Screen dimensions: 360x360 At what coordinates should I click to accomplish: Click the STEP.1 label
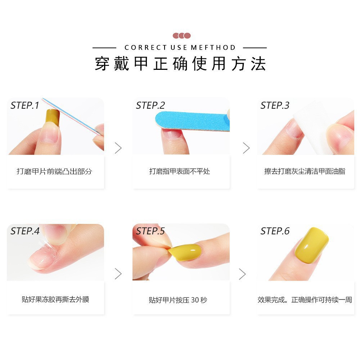click(x=24, y=105)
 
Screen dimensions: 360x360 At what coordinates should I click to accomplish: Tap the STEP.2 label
click(x=150, y=105)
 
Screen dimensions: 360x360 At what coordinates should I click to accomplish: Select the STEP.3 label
click(x=275, y=105)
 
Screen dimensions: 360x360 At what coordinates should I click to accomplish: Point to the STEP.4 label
click(x=25, y=231)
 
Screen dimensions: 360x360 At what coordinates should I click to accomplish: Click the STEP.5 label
click(x=150, y=231)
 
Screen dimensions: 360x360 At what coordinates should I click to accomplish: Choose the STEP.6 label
click(x=275, y=231)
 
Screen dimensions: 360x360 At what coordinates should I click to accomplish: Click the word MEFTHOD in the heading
click(x=213, y=48)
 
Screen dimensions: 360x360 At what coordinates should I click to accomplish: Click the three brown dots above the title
click(x=181, y=36)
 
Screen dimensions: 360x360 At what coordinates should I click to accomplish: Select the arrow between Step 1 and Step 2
click(x=118, y=148)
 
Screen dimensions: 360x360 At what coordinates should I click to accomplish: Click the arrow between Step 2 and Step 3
click(x=246, y=148)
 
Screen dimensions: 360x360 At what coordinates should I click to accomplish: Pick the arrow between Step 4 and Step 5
click(x=118, y=274)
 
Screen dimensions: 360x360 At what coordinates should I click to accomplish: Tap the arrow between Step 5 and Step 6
click(x=242, y=274)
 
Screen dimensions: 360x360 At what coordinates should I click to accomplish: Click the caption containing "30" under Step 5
click(x=178, y=300)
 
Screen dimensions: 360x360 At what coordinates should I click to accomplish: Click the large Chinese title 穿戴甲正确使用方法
click(x=180, y=64)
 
